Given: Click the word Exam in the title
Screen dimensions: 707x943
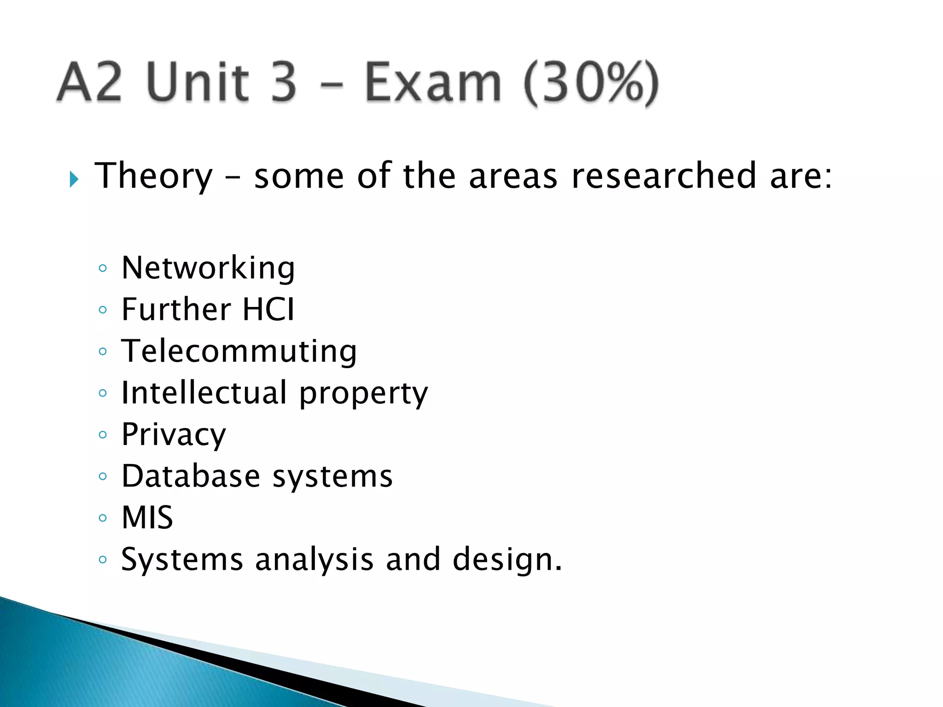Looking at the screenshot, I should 433,83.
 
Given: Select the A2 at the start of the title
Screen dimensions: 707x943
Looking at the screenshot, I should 90,83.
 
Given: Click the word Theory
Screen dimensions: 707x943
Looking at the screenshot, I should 154,176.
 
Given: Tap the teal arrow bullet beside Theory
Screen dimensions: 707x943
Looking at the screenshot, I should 74,179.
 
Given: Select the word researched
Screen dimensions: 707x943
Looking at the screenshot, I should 664,176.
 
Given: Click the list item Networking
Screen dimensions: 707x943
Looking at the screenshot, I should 208,268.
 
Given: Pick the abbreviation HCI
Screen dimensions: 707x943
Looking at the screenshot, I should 268,309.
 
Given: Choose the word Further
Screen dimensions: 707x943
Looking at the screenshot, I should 176,309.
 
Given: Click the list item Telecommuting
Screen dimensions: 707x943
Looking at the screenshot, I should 239,351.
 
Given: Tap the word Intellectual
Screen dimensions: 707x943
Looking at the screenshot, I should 204,393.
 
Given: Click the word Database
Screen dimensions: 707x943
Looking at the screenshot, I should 191,476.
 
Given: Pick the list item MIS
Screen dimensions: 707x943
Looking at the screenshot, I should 147,518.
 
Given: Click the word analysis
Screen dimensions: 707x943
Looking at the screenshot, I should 314,560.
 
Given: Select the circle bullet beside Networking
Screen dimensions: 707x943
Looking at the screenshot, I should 103,268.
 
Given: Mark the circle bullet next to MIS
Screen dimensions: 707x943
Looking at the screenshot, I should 103,518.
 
